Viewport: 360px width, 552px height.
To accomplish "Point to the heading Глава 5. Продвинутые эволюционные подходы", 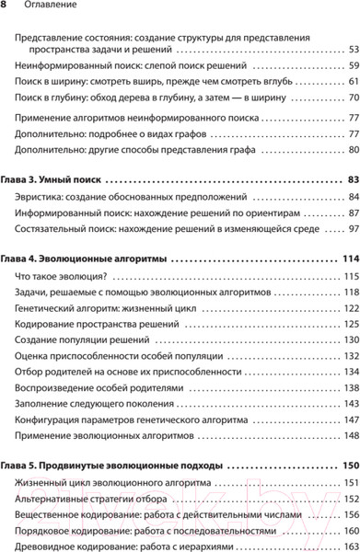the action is pyautogui.click(x=114, y=465).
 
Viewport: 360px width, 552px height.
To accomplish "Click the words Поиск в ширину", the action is pyautogui.click(x=53, y=82).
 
